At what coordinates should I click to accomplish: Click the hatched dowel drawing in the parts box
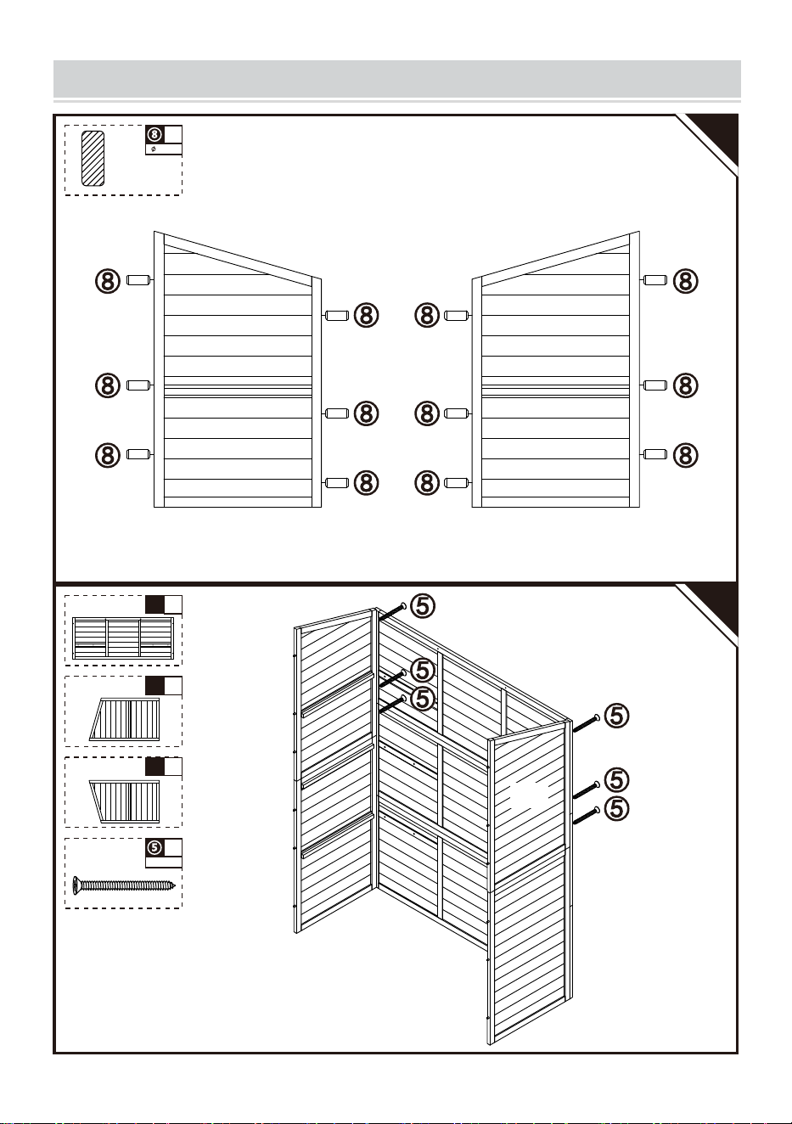(93, 159)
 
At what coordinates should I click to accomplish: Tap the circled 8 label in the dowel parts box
(155, 134)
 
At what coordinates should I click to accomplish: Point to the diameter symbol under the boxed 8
(153, 149)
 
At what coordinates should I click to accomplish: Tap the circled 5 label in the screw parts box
(154, 847)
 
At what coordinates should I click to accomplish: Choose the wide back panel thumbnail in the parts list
(123, 638)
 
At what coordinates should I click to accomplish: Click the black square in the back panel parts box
(154, 604)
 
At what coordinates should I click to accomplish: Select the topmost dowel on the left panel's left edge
(138, 280)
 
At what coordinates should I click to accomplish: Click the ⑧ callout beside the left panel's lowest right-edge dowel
(367, 483)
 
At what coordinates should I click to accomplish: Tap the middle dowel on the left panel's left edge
(138, 385)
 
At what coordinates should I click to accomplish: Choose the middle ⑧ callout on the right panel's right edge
(686, 386)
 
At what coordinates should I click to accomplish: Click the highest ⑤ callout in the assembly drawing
(423, 606)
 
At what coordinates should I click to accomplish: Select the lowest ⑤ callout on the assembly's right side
(617, 809)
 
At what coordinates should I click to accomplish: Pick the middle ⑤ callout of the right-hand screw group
(617, 780)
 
